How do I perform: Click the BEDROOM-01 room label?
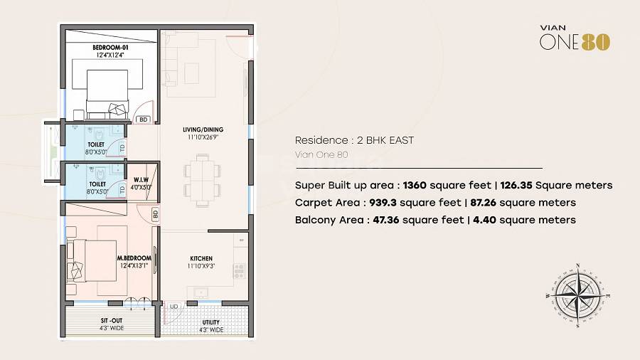[x=109, y=48]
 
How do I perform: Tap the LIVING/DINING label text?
[x=203, y=129]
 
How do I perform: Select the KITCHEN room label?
[x=201, y=258]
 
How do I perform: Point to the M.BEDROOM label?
[x=134, y=258]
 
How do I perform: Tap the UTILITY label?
[x=211, y=322]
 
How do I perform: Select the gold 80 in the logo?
[x=596, y=42]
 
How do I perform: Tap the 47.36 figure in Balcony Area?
[x=385, y=220]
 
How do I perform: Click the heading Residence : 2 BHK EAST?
[x=354, y=140]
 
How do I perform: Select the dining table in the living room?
[x=198, y=179]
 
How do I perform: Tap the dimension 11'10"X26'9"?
[x=203, y=137]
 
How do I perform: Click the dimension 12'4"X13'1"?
[x=134, y=265]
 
